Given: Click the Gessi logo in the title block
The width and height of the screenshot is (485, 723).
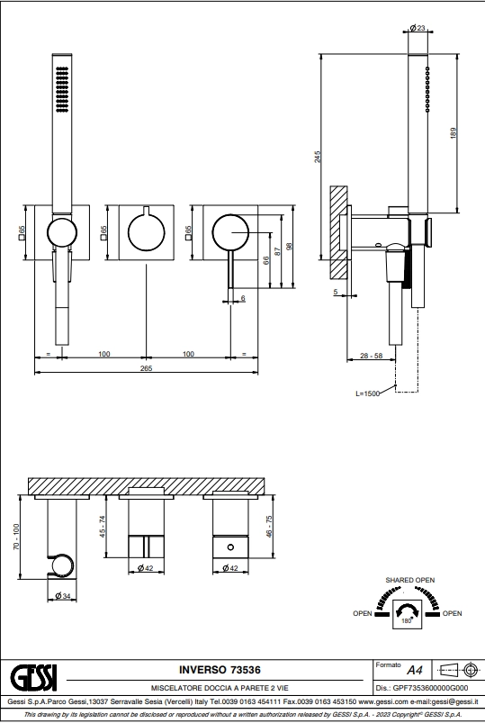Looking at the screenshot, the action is (x=33, y=677).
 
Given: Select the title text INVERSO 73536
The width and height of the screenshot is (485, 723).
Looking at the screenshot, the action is (x=220, y=670).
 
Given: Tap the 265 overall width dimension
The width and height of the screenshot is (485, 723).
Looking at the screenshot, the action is (x=146, y=368).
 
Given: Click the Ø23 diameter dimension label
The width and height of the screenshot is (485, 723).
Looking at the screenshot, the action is (x=418, y=28).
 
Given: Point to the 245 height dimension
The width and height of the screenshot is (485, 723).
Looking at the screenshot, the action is (x=318, y=157).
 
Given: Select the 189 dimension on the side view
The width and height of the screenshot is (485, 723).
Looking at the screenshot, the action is (x=454, y=133).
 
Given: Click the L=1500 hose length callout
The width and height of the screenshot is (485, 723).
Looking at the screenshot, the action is (x=367, y=393).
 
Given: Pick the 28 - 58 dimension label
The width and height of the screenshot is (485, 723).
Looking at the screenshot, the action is (x=371, y=356).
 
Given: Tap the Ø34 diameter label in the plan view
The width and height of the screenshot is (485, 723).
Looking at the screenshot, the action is (x=63, y=596).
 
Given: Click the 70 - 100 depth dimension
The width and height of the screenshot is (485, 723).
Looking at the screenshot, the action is (x=16, y=537).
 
